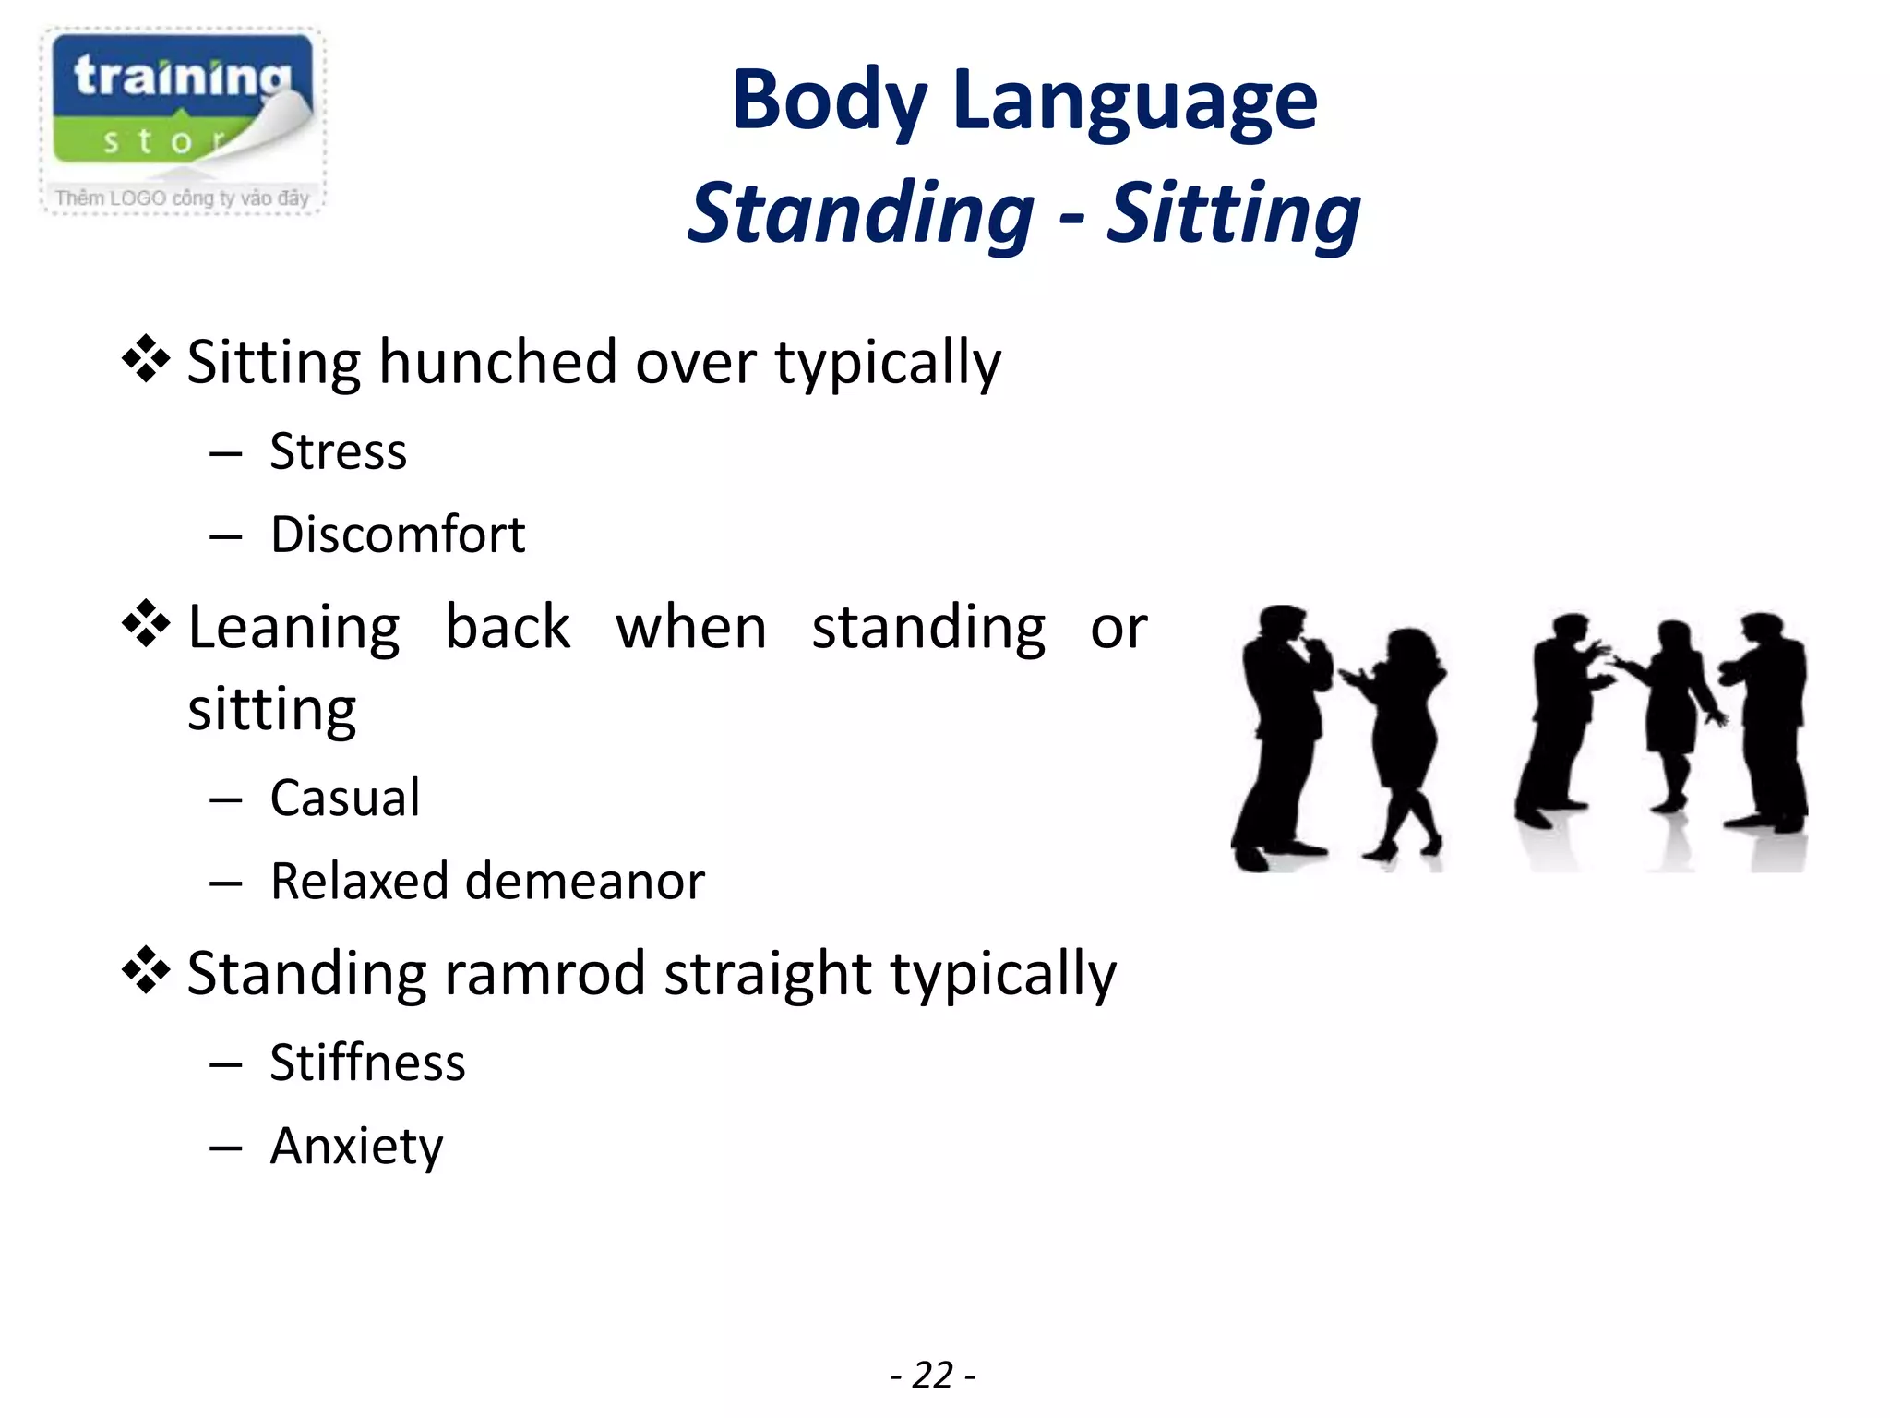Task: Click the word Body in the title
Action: click(829, 102)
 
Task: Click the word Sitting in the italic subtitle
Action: click(1233, 214)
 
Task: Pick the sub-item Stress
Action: click(338, 452)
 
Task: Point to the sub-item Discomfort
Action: click(397, 535)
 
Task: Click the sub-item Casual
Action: click(344, 799)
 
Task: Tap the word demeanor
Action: click(585, 882)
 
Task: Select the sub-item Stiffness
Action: click(367, 1063)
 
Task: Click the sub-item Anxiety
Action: click(356, 1147)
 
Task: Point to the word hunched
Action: click(497, 362)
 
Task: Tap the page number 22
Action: click(932, 1376)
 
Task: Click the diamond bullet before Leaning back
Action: click(146, 625)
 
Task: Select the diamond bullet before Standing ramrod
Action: click(146, 971)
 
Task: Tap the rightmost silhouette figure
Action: click(1767, 720)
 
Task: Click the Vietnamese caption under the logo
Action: click(182, 198)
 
